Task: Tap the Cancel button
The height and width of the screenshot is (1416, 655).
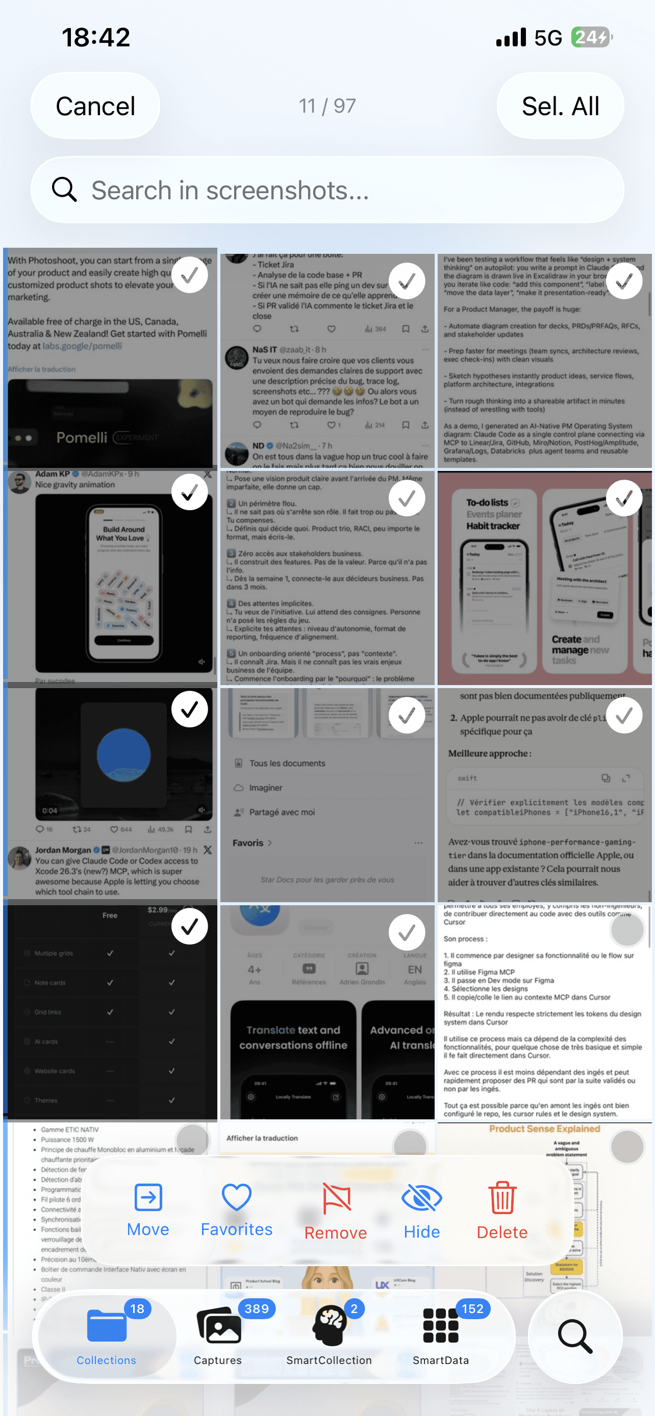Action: pos(95,106)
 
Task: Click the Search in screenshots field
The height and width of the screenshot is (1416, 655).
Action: pos(330,190)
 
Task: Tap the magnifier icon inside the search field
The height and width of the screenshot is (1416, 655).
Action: pos(64,190)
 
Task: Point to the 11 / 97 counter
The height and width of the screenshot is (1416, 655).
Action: pos(327,106)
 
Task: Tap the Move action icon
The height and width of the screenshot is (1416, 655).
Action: pos(148,1197)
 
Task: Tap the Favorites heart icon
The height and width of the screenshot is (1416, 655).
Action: pos(237,1197)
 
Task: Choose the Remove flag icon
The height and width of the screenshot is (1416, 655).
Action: pos(336,1198)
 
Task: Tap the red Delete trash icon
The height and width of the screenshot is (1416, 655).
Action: pos(502,1198)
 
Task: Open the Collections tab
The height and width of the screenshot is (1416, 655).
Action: pos(107,1336)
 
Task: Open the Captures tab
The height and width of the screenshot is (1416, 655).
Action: pos(218,1336)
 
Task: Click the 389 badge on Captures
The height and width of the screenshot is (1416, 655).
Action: pos(256,1309)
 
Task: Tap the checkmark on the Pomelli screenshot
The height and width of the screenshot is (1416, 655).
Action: pos(190,275)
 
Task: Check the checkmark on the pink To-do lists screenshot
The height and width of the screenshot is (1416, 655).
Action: pos(624,498)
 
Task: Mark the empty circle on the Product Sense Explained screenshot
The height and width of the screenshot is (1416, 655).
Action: pos(626,1147)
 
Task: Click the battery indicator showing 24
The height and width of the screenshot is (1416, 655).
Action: pos(591,37)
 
